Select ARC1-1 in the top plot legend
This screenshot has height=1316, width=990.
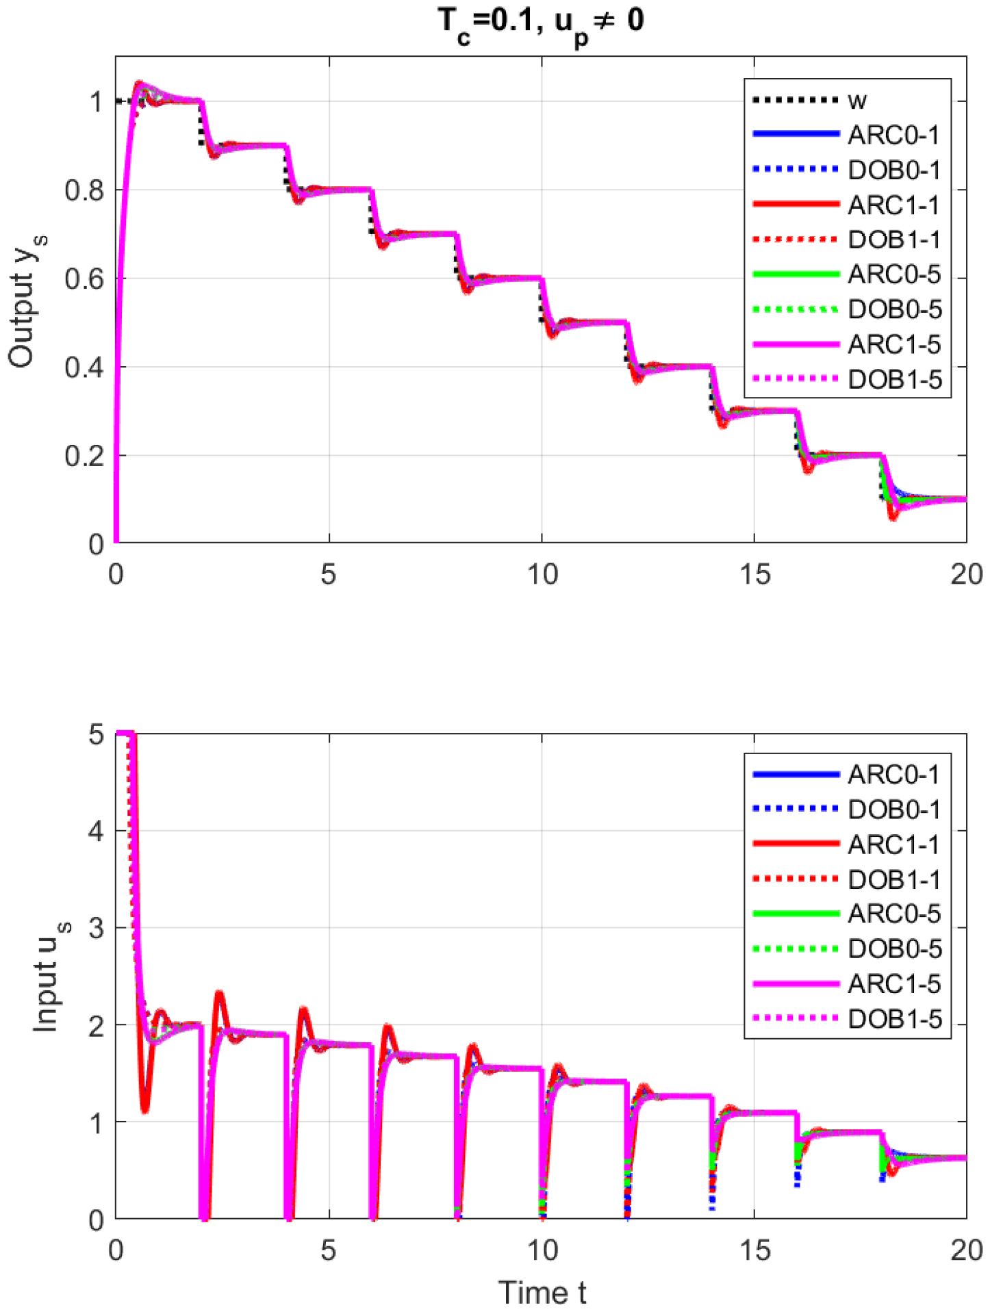pyautogui.click(x=893, y=205)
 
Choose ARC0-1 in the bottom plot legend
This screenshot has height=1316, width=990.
pyautogui.click(x=893, y=775)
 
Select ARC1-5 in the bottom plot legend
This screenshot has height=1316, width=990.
pyautogui.click(x=893, y=984)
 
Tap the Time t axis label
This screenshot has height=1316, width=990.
pyautogui.click(x=542, y=1293)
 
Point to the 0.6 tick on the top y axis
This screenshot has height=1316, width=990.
pyautogui.click(x=84, y=279)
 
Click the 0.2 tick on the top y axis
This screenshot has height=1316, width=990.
pyautogui.click(x=84, y=456)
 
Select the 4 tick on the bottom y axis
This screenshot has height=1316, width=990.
pyautogui.click(x=96, y=831)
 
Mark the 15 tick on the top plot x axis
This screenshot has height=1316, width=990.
pyautogui.click(x=754, y=574)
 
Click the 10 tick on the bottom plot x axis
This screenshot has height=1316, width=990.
pyautogui.click(x=542, y=1250)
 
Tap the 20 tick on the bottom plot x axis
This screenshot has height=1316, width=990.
pyautogui.click(x=966, y=1250)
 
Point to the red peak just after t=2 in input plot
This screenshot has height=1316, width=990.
pyautogui.click(x=219, y=994)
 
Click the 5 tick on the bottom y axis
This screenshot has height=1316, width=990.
pyautogui.click(x=96, y=734)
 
